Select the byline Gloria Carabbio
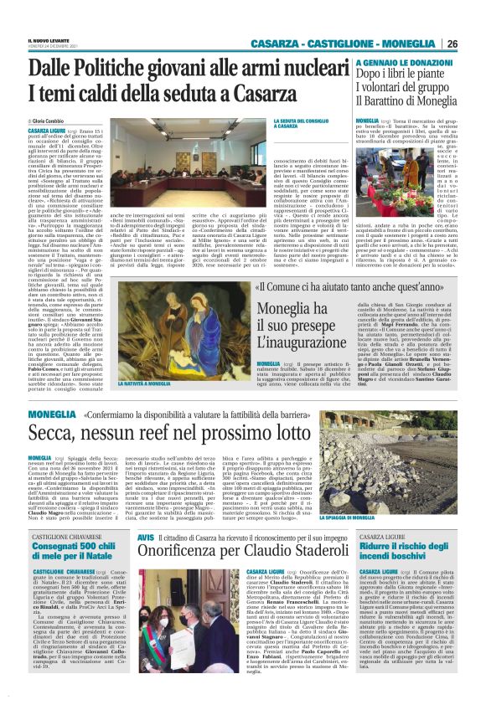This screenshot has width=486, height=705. point(56,121)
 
